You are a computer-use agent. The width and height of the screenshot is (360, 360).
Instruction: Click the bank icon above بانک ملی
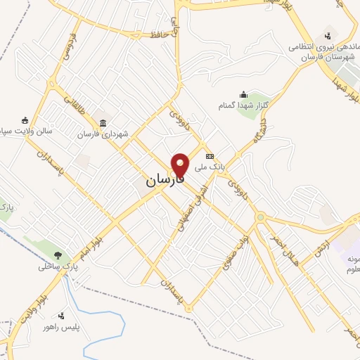click(209, 156)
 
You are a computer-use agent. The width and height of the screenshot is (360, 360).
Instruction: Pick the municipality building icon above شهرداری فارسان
click(103, 123)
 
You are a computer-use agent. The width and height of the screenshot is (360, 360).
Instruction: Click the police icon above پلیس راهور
click(62, 316)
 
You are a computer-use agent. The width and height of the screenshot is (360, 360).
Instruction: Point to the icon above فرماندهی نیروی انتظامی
click(328, 35)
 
